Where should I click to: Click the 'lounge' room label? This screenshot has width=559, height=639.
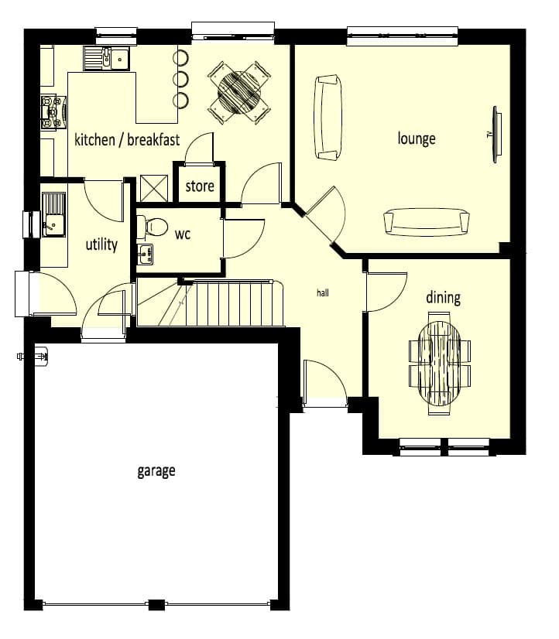click(x=417, y=138)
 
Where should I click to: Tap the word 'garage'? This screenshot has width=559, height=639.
click(x=156, y=470)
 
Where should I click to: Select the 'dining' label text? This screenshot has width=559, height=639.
click(x=443, y=297)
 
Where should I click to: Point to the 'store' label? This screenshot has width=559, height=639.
click(x=200, y=186)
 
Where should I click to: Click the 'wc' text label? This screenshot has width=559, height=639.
click(x=183, y=234)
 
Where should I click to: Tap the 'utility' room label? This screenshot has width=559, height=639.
click(x=101, y=244)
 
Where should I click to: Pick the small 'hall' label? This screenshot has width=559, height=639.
click(x=323, y=292)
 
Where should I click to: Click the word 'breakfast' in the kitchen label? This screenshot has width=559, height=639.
click(x=153, y=139)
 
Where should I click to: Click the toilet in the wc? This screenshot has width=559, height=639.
click(x=152, y=226)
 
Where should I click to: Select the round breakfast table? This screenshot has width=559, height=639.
click(x=239, y=92)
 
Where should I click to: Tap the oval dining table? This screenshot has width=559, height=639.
click(x=440, y=363)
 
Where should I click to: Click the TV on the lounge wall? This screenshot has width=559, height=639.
click(x=496, y=135)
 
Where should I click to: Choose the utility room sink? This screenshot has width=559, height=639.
click(x=53, y=214)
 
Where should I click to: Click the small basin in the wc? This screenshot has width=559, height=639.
click(x=145, y=255)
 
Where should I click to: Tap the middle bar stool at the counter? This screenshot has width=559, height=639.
click(x=180, y=78)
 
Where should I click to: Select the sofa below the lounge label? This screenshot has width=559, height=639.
click(x=427, y=222)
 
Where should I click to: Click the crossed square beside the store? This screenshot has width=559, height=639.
click(x=154, y=188)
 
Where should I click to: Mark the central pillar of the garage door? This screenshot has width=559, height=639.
click(x=156, y=604)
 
